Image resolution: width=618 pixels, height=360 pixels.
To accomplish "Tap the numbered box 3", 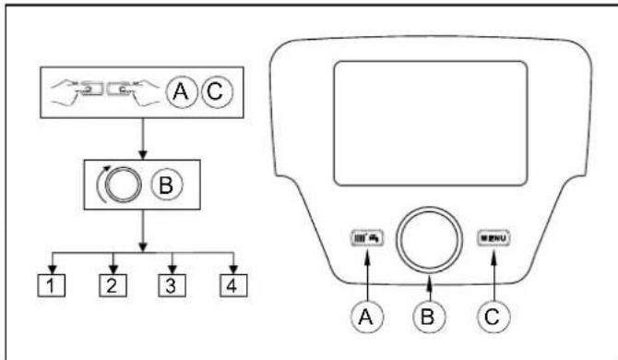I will point(172,284).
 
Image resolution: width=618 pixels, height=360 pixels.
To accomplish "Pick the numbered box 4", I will point(229,284).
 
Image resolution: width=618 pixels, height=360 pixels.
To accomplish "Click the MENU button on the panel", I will point(493,237).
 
